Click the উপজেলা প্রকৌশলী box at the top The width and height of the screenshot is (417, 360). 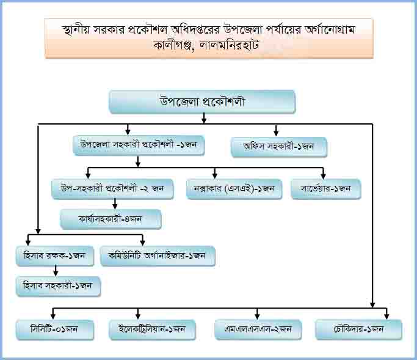click(202, 102)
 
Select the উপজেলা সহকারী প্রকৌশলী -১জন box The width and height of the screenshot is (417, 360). click(138, 145)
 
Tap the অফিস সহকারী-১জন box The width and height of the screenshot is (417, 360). click(279, 147)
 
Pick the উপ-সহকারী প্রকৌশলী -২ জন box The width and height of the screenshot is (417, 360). click(113, 188)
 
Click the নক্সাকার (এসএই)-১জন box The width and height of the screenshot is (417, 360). click(233, 189)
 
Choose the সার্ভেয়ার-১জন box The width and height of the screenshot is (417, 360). click(325, 189)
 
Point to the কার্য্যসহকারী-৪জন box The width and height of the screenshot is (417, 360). click(111, 219)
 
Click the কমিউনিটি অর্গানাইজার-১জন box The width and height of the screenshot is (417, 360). click(158, 256)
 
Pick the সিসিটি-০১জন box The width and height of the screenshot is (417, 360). click(55, 330)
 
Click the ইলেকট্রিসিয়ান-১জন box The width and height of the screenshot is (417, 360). click(152, 330)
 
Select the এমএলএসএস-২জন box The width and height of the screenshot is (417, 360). click(258, 330)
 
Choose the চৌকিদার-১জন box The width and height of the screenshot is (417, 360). click(358, 329)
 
